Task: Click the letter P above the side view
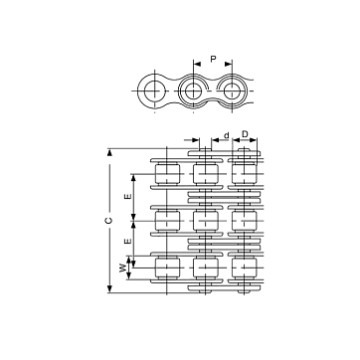(x=213, y=60)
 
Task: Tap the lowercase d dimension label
(x=227, y=135)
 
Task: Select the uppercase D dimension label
(x=245, y=134)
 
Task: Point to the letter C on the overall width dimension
(x=109, y=221)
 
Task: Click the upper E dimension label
(x=127, y=196)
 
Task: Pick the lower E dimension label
(x=127, y=242)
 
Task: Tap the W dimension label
(x=123, y=268)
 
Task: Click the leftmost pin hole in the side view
(x=155, y=90)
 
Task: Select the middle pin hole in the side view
(x=193, y=90)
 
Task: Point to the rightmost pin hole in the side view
(x=232, y=90)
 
